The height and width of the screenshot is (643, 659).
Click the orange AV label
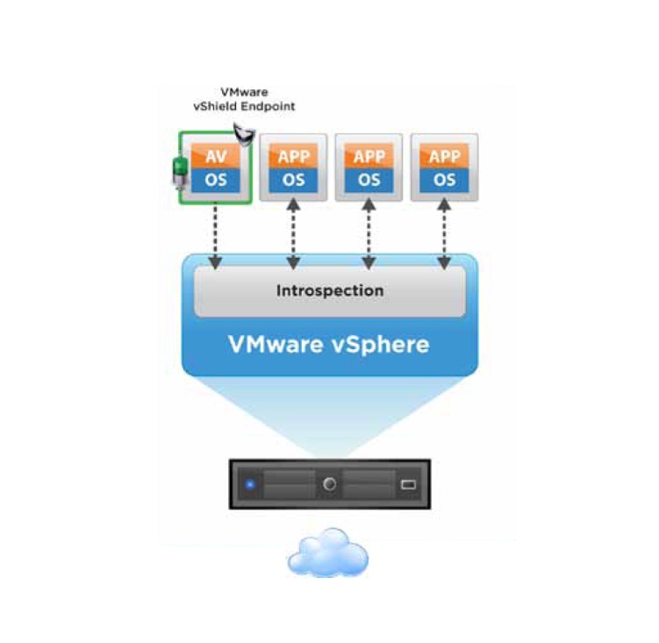point(216,157)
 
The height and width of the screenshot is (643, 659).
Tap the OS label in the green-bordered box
point(216,181)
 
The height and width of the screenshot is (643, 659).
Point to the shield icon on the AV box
point(244,134)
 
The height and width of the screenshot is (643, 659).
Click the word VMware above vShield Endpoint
point(244,92)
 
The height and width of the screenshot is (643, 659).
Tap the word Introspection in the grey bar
point(330,290)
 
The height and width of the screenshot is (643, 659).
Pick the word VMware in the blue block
point(276,344)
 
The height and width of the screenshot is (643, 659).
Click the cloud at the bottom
point(328,553)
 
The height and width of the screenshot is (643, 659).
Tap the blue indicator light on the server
point(250,484)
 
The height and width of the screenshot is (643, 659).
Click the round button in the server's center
point(330,484)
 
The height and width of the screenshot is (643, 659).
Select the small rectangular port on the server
point(408,484)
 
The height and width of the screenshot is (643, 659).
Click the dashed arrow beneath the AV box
point(215,236)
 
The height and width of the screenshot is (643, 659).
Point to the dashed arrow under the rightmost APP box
point(444,233)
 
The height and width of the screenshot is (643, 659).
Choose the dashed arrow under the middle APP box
point(369,233)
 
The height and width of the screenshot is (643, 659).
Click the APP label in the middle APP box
point(369,157)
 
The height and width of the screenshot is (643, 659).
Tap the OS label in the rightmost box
point(444,181)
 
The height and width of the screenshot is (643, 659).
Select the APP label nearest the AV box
point(293,157)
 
